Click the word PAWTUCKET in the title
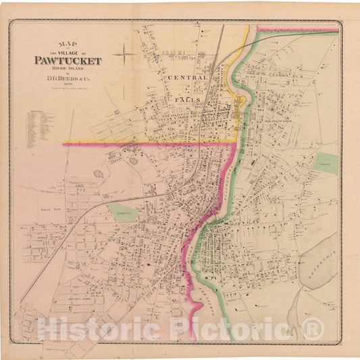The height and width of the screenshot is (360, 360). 68,60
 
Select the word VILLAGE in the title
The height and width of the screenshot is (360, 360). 66,52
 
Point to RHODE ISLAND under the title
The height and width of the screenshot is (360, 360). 68,68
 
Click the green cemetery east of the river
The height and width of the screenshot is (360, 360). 326,163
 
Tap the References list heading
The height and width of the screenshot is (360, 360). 36,111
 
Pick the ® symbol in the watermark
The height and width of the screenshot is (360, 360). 313,329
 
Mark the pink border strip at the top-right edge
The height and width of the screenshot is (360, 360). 297,29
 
